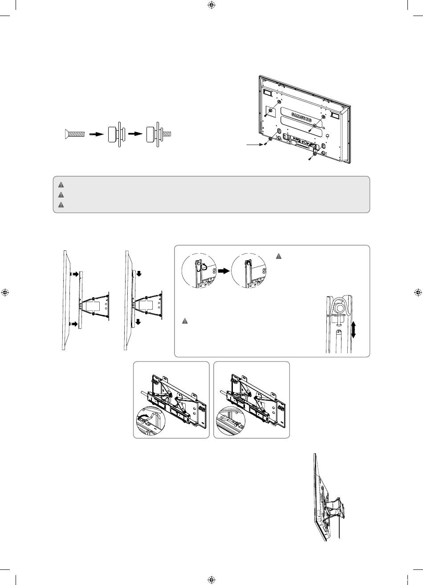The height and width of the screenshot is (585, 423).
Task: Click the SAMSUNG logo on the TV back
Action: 301,117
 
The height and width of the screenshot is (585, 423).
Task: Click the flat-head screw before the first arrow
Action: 75,134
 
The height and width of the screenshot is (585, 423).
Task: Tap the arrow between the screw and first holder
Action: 96,134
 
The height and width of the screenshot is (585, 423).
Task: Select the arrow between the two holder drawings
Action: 135,133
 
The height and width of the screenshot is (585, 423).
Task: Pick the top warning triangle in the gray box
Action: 61,185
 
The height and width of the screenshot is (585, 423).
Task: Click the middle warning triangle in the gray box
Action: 61,195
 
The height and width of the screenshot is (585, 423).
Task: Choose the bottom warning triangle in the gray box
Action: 61,205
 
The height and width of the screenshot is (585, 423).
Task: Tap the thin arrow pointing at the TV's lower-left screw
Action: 255,144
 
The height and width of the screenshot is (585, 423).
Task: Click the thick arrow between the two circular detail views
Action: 224,271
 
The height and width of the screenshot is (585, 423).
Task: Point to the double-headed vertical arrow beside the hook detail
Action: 353,330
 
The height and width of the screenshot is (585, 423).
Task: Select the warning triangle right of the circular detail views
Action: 279,256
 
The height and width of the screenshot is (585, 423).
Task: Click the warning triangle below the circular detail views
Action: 185,321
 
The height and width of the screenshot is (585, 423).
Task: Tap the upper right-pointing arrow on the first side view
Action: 75,274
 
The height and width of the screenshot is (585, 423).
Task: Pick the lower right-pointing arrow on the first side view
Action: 75,324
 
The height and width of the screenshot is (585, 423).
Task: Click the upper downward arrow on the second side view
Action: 139,274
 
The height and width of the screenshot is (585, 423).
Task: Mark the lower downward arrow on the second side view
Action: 138,322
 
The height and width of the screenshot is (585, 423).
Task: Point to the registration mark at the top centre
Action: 211,5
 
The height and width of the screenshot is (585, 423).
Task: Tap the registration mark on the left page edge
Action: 5,293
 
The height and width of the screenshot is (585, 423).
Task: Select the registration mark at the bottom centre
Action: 211,580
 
